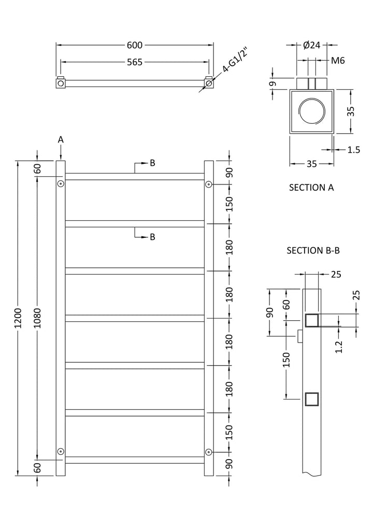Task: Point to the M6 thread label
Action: [338, 61]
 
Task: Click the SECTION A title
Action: [311, 188]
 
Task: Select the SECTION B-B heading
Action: [313, 251]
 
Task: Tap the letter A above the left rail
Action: [61, 139]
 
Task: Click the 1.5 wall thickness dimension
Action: [353, 150]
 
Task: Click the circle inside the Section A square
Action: [311, 110]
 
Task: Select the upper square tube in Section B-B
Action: [312, 321]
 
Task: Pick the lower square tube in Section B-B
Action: [312, 399]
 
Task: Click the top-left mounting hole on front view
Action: [61, 184]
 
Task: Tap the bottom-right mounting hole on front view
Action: [208, 451]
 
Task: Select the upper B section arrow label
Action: [152, 163]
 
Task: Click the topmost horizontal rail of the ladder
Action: [135, 176]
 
